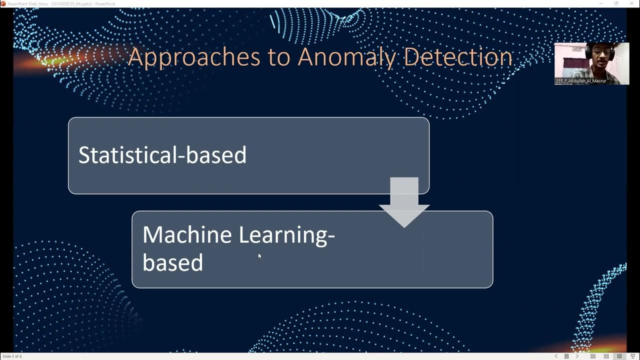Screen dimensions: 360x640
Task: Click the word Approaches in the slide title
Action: tap(194, 57)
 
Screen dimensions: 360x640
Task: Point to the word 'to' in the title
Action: tap(278, 57)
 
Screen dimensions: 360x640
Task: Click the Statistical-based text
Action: tap(162, 155)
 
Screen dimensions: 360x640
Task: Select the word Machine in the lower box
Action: tap(187, 234)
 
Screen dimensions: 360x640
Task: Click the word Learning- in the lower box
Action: tap(286, 234)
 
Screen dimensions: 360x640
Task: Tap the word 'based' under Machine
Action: tap(172, 262)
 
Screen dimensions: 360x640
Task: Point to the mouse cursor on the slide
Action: tap(259, 255)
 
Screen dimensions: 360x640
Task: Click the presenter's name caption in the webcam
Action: tap(580, 81)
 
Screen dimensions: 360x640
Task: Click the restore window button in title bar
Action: tap(616, 3)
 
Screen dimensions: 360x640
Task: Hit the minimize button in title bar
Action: tap(601, 3)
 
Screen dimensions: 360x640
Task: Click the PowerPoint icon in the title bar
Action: tap(3, 3)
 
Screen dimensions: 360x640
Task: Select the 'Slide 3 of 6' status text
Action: tap(12, 356)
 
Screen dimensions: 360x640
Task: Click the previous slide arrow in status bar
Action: tap(556, 356)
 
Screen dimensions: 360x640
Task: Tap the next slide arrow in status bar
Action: tap(577, 356)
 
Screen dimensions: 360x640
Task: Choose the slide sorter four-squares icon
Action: tap(606, 356)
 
